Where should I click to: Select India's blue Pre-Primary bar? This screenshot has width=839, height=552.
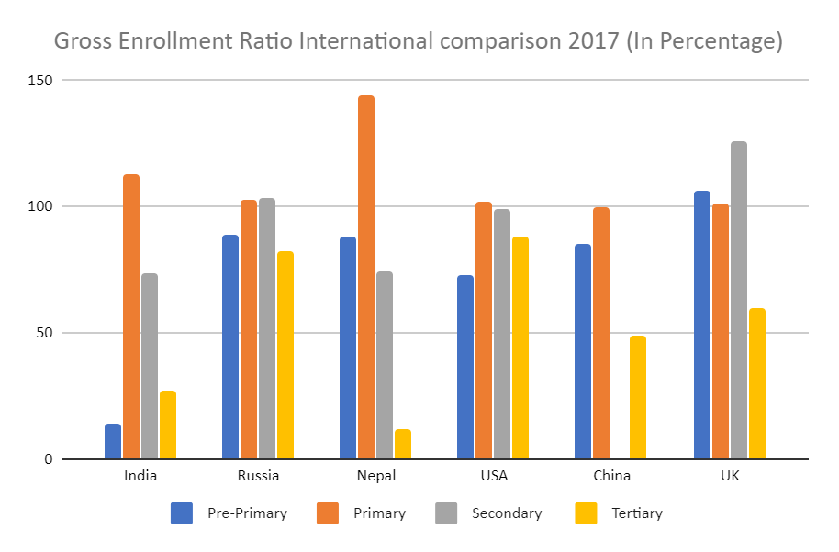point(113,441)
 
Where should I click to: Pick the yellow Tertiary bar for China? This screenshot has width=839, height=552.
point(638,397)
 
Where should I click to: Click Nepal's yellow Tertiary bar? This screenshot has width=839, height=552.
point(403,444)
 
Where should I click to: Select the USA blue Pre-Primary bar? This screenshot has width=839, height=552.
point(465,367)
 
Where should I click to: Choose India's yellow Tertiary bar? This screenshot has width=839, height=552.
point(168,425)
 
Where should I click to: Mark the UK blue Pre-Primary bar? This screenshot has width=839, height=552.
point(702,325)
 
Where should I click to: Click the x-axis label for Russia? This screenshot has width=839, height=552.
point(258,476)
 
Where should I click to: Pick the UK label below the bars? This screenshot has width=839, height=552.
point(730,476)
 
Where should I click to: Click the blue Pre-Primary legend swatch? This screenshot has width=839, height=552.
point(182,513)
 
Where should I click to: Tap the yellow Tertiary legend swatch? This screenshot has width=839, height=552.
point(586,513)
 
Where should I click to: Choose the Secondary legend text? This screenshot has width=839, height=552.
point(507,513)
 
